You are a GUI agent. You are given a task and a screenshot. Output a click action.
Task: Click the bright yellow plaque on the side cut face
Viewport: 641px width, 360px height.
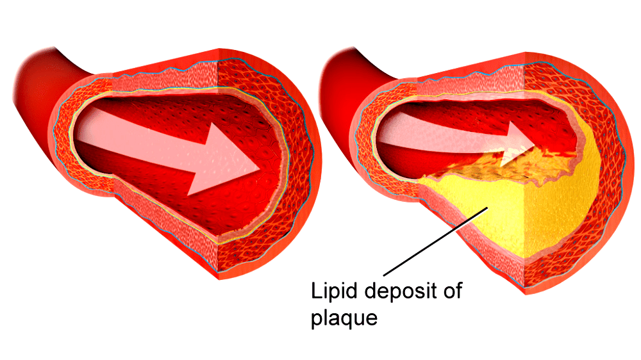tap(558, 205)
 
